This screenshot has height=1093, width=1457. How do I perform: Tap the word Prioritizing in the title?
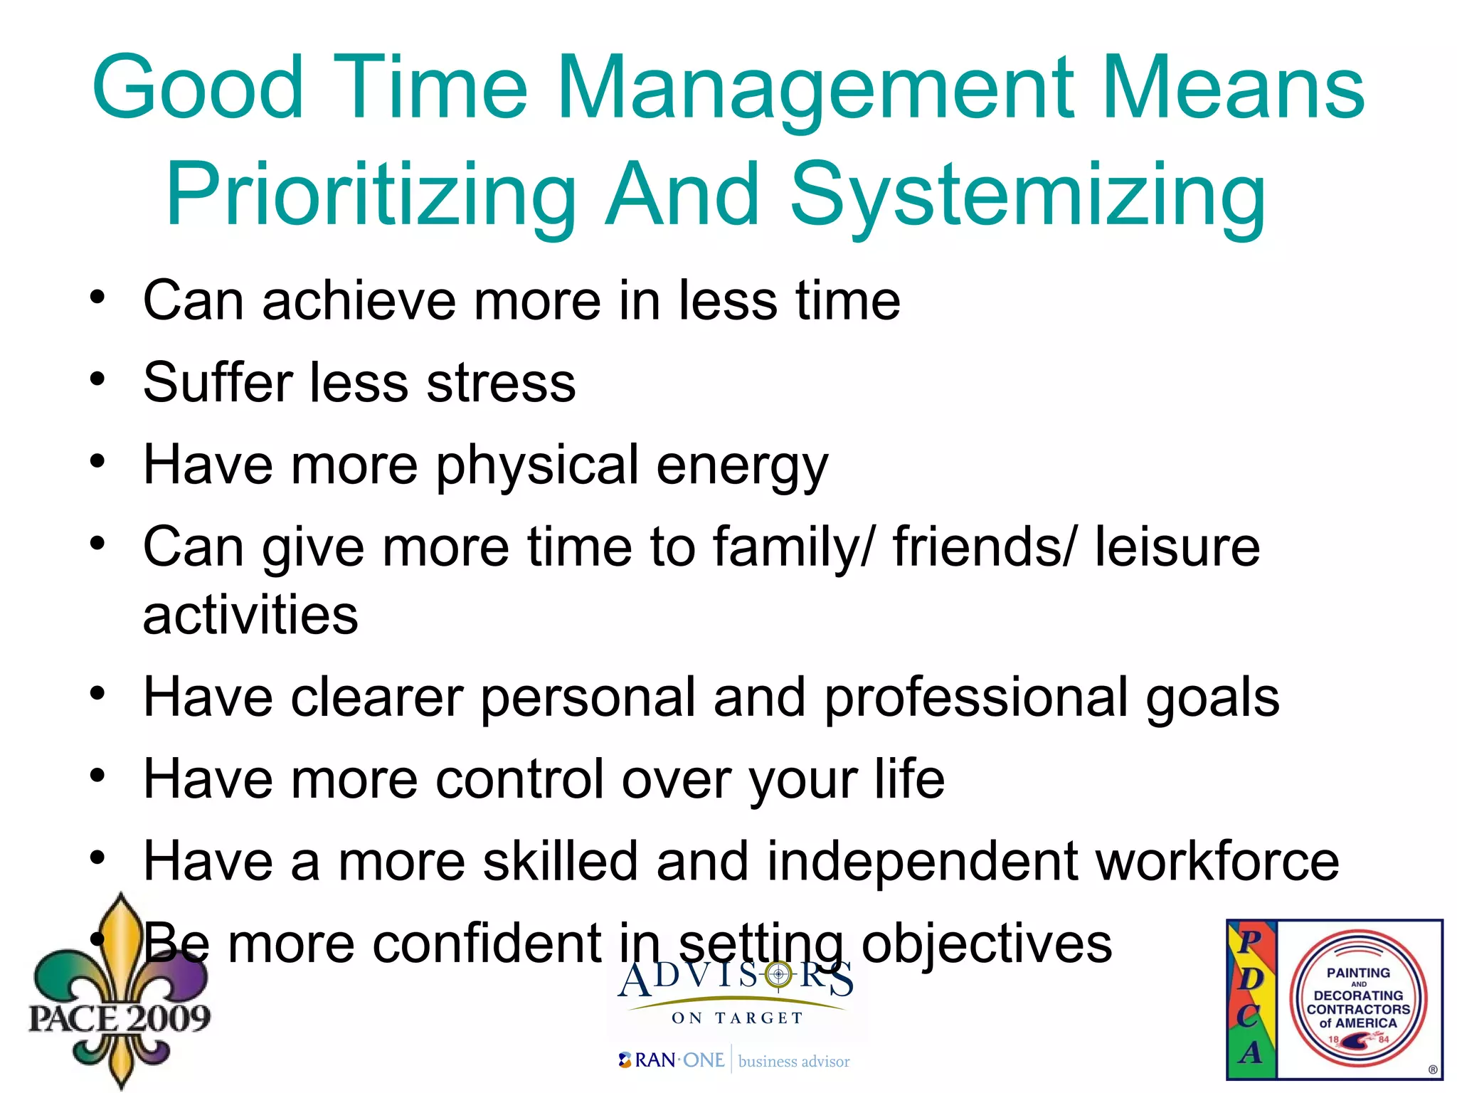click(371, 196)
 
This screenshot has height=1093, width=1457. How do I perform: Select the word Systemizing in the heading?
click(1028, 196)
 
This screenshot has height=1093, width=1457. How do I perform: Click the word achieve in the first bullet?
click(359, 301)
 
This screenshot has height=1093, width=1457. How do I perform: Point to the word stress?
click(501, 383)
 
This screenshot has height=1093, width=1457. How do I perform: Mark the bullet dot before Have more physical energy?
click(97, 460)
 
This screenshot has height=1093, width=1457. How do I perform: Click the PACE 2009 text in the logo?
click(120, 1018)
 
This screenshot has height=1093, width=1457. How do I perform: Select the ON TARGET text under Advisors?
click(737, 1018)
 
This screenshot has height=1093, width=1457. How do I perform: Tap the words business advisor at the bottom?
click(794, 1062)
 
